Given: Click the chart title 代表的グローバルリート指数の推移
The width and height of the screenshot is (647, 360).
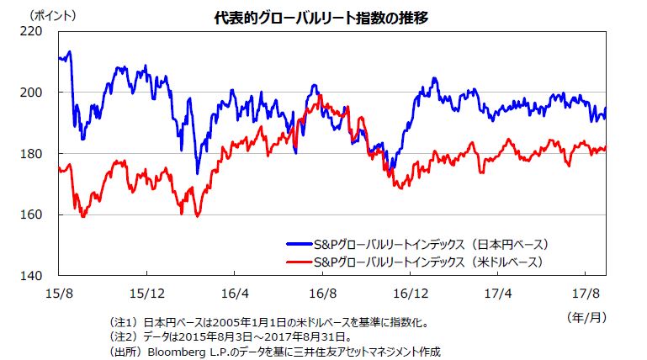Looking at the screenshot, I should coord(322,16).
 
